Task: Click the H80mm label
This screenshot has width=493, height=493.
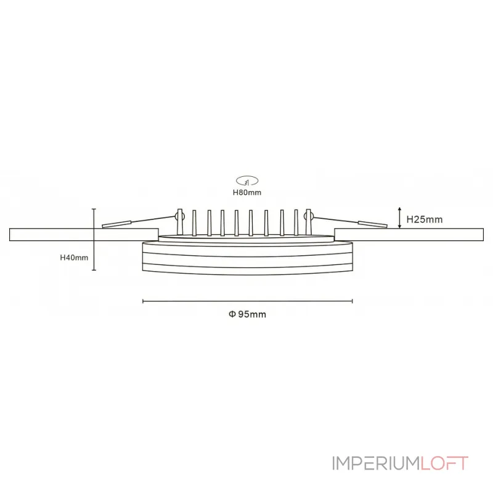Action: pyautogui.click(x=247, y=192)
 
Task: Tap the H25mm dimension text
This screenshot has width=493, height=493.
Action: pyautogui.click(x=425, y=219)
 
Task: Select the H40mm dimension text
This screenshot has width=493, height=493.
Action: pyautogui.click(x=74, y=258)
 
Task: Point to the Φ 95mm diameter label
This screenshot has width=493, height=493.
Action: pyautogui.click(x=248, y=314)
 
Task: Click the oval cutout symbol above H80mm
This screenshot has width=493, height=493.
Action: pyautogui.click(x=247, y=181)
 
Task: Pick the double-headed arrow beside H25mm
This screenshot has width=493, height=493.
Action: pyautogui.click(x=399, y=218)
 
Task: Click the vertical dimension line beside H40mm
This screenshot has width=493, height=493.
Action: pyautogui.click(x=94, y=239)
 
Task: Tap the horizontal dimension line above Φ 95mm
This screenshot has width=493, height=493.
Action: pyautogui.click(x=248, y=301)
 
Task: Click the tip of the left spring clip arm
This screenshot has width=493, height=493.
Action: pyautogui.click(x=103, y=226)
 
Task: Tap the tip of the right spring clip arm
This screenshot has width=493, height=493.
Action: pyautogui.click(x=386, y=225)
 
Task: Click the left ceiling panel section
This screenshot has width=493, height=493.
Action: pyautogui.click(x=84, y=235)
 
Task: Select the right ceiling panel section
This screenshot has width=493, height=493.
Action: pyautogui.click(x=409, y=235)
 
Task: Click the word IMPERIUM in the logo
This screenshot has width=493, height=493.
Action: pyautogui.click(x=376, y=463)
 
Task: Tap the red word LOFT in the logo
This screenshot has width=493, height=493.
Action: pyautogui.click(x=444, y=463)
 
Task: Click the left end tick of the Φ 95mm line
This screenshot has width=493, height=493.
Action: pyautogui.click(x=143, y=301)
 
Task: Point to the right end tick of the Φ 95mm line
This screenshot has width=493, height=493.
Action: pyautogui.click(x=352, y=301)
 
